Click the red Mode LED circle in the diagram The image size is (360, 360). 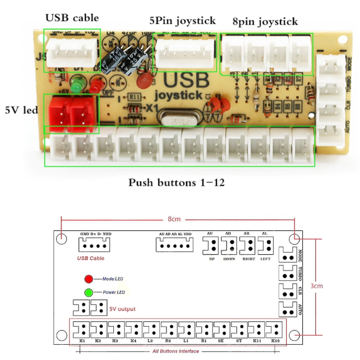tap(89, 279)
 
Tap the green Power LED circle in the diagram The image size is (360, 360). tap(89, 292)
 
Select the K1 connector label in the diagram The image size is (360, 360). tap(82, 341)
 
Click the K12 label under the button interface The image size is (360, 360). tap(275, 341)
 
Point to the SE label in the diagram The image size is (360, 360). tap(221, 341)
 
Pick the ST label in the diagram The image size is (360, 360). tap(238, 341)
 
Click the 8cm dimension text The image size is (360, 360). tap(174, 219)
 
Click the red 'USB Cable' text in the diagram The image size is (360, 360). tap(91, 258)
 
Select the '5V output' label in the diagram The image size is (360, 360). tap(122, 309)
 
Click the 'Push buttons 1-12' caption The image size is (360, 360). tap(176, 183)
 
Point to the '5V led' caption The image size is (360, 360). tap(21, 109)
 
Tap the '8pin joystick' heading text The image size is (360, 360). tap(265, 21)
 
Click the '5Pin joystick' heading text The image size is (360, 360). tap(182, 20)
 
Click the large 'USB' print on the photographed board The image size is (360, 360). tap(186, 80)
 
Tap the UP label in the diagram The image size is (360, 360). tap(211, 259)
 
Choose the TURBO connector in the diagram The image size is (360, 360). tap(287, 272)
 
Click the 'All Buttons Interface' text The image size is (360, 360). tap(175, 351)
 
